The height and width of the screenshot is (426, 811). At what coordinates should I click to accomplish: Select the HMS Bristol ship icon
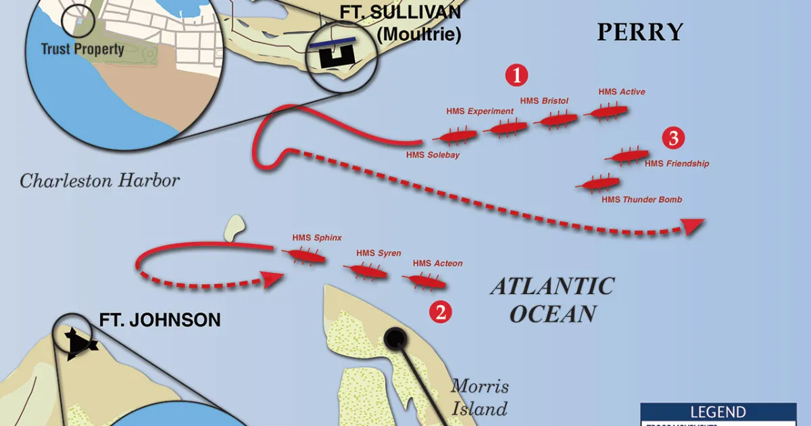click(556, 120)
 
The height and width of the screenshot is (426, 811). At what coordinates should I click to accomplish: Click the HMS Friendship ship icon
click(626, 156)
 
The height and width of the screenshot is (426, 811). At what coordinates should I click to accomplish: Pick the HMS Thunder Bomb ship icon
click(597, 183)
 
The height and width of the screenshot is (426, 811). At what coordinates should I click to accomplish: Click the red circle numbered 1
click(517, 76)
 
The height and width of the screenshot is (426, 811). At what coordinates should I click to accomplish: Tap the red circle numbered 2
click(441, 312)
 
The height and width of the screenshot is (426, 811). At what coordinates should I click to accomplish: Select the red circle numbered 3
click(673, 139)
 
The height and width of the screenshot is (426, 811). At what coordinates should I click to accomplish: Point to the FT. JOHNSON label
click(159, 320)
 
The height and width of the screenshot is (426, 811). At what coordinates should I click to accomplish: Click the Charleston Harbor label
click(99, 181)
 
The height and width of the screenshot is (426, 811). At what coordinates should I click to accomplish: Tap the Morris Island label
click(479, 398)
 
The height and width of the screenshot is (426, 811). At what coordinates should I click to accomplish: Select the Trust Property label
click(82, 49)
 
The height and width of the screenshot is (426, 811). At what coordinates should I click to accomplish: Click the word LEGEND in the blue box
click(718, 412)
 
